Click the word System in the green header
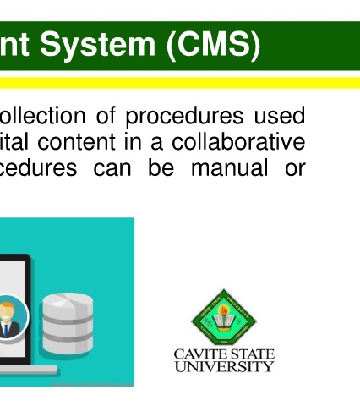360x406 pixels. [97, 45]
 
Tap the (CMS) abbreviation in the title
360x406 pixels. [214, 45]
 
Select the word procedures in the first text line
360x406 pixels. [184, 117]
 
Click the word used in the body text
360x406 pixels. [280, 115]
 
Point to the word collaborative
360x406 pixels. [238, 141]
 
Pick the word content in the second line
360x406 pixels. [76, 142]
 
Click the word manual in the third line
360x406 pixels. [229, 167]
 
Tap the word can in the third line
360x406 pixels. [112, 169]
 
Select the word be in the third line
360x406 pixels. [161, 167]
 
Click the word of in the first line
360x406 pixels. [106, 115]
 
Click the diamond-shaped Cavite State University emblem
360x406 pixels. [224, 317]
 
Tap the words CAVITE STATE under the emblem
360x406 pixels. [224, 354]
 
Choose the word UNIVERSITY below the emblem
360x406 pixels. [224, 366]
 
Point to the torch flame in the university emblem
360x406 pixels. [224, 310]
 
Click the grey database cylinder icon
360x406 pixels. [68, 323]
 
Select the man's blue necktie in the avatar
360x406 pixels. [6, 331]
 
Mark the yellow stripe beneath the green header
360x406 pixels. [180, 83]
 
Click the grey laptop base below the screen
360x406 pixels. [28, 369]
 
